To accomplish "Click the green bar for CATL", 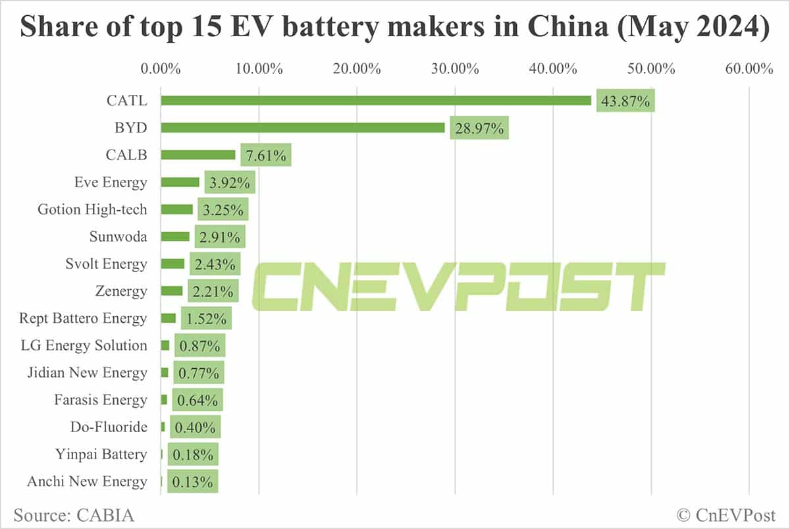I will (x=376, y=100).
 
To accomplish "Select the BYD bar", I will (x=303, y=128).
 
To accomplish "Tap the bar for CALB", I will (x=198, y=155).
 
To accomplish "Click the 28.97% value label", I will (x=479, y=128).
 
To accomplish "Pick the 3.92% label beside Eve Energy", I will (x=226, y=182).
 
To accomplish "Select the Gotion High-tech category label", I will (x=92, y=209).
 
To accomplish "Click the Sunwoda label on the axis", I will (x=118, y=237).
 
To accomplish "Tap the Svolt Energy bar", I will (x=173, y=264).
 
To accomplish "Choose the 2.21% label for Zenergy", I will (x=213, y=291).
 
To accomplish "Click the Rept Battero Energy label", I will (x=83, y=318).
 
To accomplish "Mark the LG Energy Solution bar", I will (x=165, y=345).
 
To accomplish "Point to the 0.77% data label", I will (x=199, y=373).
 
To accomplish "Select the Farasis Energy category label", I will (x=100, y=400).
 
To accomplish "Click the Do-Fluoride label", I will (x=109, y=427).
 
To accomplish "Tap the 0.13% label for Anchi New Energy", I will (x=192, y=482).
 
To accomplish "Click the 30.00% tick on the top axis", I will (x=455, y=69).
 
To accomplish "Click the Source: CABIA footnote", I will (x=74, y=514).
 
